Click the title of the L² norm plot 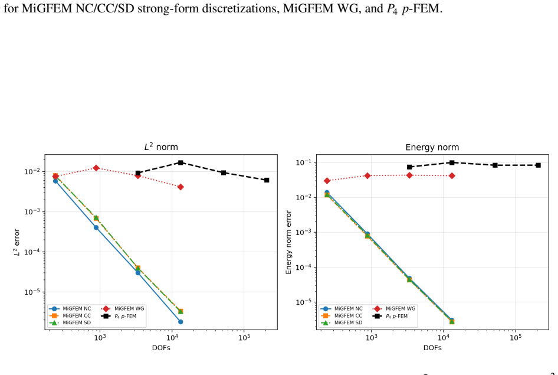tap(161, 146)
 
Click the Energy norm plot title tap(432, 147)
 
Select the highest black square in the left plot tap(180, 163)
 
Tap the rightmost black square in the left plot tap(267, 180)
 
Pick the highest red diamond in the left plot tap(96, 168)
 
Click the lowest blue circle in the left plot tap(180, 322)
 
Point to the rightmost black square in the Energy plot tap(538, 165)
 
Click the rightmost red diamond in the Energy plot tap(452, 175)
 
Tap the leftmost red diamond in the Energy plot tap(327, 181)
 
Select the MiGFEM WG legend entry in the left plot tap(123, 309)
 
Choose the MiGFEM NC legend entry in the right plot tap(342, 309)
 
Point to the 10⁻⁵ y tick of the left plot tap(32, 292)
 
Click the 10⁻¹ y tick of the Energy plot tap(303, 162)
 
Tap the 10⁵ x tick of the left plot tap(244, 337)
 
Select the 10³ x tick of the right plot tap(371, 337)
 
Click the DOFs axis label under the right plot tap(432, 348)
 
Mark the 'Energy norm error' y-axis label tap(288, 242)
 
